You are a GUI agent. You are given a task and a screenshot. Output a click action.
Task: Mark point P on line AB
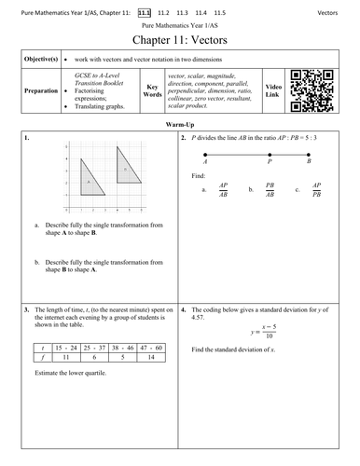270,156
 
